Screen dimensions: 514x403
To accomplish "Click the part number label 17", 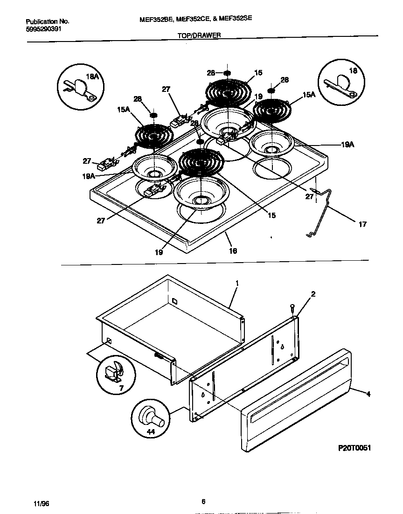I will (x=362, y=224).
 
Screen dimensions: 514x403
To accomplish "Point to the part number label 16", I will (x=233, y=251).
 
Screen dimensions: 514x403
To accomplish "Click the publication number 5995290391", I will (x=43, y=28).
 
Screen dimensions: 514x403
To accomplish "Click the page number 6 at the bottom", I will (x=203, y=502).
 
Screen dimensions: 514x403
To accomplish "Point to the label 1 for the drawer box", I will (x=237, y=283).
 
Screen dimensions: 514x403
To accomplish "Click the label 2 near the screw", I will (x=313, y=294).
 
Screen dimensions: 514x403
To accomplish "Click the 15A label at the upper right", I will (x=309, y=95).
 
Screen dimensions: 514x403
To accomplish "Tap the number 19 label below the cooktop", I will (x=159, y=252).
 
